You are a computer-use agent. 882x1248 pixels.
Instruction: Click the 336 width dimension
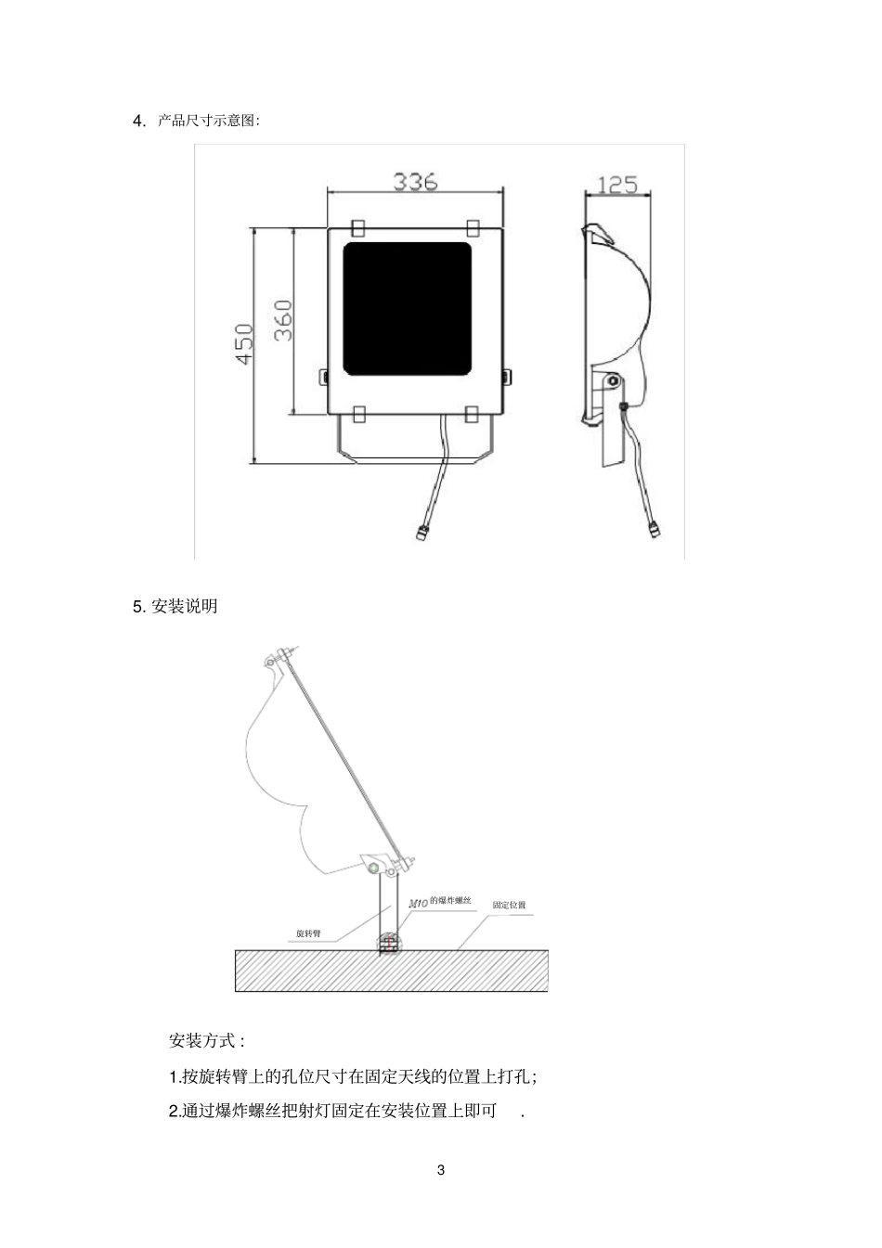click(x=415, y=182)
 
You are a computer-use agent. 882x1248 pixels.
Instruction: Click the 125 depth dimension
click(x=617, y=185)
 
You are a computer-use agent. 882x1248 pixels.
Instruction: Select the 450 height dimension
click(x=244, y=343)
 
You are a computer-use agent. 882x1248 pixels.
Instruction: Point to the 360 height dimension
click(x=283, y=320)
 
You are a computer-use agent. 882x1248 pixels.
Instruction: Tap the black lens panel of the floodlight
click(x=407, y=308)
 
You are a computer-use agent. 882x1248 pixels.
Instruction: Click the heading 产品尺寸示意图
click(x=206, y=121)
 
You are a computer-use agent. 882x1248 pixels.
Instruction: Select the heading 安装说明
click(x=184, y=606)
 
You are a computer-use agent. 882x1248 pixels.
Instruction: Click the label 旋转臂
click(x=308, y=933)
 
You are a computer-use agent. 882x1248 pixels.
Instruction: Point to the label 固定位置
click(x=509, y=905)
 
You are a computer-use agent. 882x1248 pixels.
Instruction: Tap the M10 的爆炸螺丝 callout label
click(x=440, y=902)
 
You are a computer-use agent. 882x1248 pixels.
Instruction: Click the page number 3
click(x=441, y=1171)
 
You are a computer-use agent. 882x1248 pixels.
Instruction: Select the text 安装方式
click(x=201, y=1041)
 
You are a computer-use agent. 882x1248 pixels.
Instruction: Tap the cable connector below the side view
click(x=654, y=528)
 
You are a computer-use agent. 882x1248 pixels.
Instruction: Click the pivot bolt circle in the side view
click(x=614, y=381)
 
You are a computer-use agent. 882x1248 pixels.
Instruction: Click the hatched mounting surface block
click(x=392, y=971)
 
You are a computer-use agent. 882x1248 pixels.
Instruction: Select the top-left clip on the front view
click(x=358, y=227)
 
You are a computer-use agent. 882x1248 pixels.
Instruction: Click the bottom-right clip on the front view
click(x=473, y=414)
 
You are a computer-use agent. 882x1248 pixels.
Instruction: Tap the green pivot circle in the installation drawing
click(x=374, y=868)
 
